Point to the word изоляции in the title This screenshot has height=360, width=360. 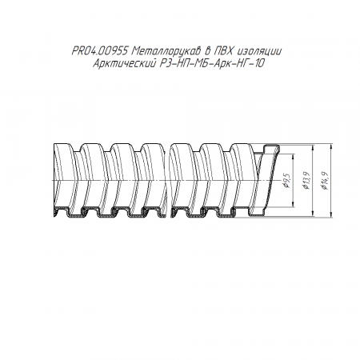258,51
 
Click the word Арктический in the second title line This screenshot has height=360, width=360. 124,64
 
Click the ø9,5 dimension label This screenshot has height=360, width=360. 286,181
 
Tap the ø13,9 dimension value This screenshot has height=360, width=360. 306,181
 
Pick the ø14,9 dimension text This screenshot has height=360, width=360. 325,181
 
